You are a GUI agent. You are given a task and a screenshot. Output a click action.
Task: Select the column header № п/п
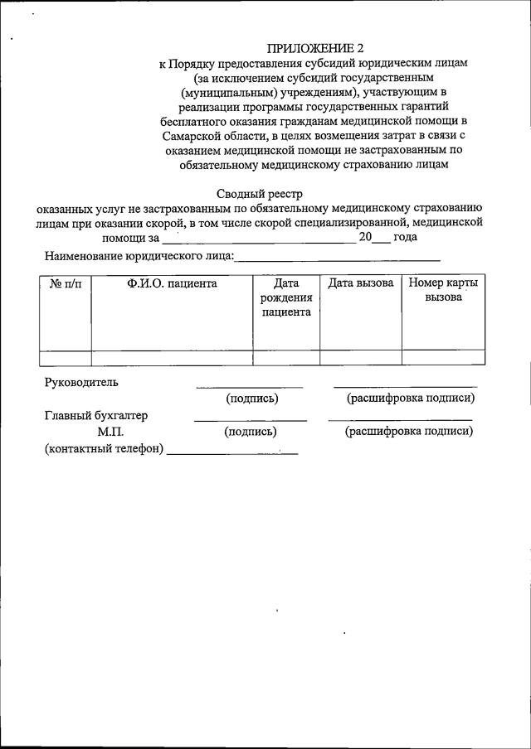pyautogui.click(x=66, y=284)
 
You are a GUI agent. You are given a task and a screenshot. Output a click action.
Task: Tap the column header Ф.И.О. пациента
pyautogui.click(x=172, y=284)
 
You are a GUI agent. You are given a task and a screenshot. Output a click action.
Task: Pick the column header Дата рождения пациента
pyautogui.click(x=286, y=298)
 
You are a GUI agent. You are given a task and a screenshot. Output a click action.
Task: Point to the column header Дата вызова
pyautogui.click(x=361, y=284)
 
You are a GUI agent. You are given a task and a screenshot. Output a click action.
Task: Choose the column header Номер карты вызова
pyautogui.click(x=443, y=291)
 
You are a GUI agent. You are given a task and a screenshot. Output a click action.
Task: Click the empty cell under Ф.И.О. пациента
pyautogui.click(x=172, y=358)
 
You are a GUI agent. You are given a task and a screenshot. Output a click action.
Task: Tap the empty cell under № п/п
pyautogui.click(x=66, y=358)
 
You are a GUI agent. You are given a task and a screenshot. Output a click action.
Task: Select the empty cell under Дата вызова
pyautogui.click(x=361, y=358)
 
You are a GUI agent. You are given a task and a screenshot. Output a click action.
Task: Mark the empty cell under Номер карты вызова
pyautogui.click(x=443, y=358)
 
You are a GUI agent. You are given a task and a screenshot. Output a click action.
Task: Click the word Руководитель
pyautogui.click(x=81, y=383)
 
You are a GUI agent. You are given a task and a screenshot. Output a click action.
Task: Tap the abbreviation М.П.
pyautogui.click(x=110, y=432)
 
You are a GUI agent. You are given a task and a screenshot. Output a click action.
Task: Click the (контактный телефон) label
pyautogui.click(x=105, y=449)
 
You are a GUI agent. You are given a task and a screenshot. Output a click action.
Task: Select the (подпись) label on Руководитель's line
pyautogui.click(x=251, y=399)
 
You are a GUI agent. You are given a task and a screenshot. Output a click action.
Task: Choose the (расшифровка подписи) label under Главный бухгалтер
pyautogui.click(x=409, y=432)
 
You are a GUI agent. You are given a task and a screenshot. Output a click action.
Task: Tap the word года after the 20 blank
pyautogui.click(x=405, y=237)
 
